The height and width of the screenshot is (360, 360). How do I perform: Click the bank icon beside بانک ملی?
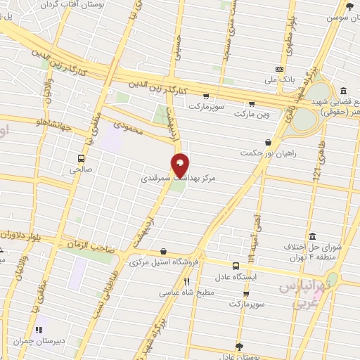pyautogui.click(x=280, y=69)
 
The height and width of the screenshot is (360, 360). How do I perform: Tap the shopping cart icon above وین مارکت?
pyautogui.click(x=252, y=102)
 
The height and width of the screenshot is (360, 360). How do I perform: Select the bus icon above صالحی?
pyautogui.click(x=81, y=157)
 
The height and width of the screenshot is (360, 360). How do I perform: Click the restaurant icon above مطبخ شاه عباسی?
pyautogui.click(x=186, y=282)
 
